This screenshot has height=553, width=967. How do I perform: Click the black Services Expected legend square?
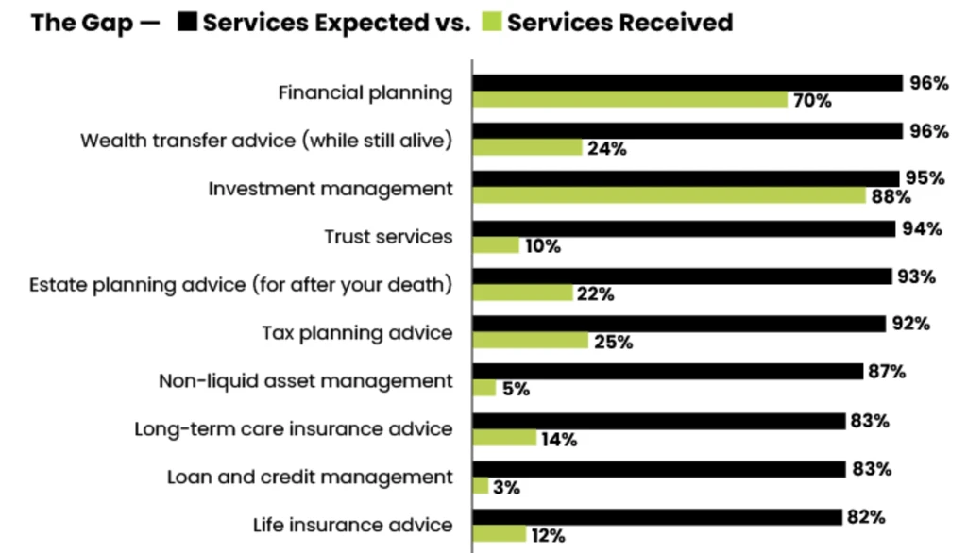coord(187,23)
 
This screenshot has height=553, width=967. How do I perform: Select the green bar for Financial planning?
coord(630,100)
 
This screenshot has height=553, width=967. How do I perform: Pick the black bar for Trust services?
coord(683,229)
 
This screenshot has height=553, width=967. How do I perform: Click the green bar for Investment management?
coord(669,196)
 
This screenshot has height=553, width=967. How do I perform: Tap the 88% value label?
coord(891,197)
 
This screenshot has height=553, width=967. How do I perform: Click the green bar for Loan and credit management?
coord(481,486)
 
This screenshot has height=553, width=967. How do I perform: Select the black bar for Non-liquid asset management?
coord(668,372)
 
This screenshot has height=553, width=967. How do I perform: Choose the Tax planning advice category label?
coord(357,333)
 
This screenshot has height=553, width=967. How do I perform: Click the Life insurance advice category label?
coord(352,525)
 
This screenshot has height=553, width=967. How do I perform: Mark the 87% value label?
coord(887,372)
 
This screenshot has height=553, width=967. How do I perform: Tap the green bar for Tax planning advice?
coord(531,341)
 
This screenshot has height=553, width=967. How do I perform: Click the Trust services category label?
coord(388,237)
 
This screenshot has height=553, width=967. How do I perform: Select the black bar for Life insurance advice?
coord(657,517)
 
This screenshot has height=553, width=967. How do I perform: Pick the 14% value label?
coord(559,439)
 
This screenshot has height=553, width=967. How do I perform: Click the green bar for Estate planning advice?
coord(523,293)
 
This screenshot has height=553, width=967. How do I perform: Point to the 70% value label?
coord(812,101)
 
